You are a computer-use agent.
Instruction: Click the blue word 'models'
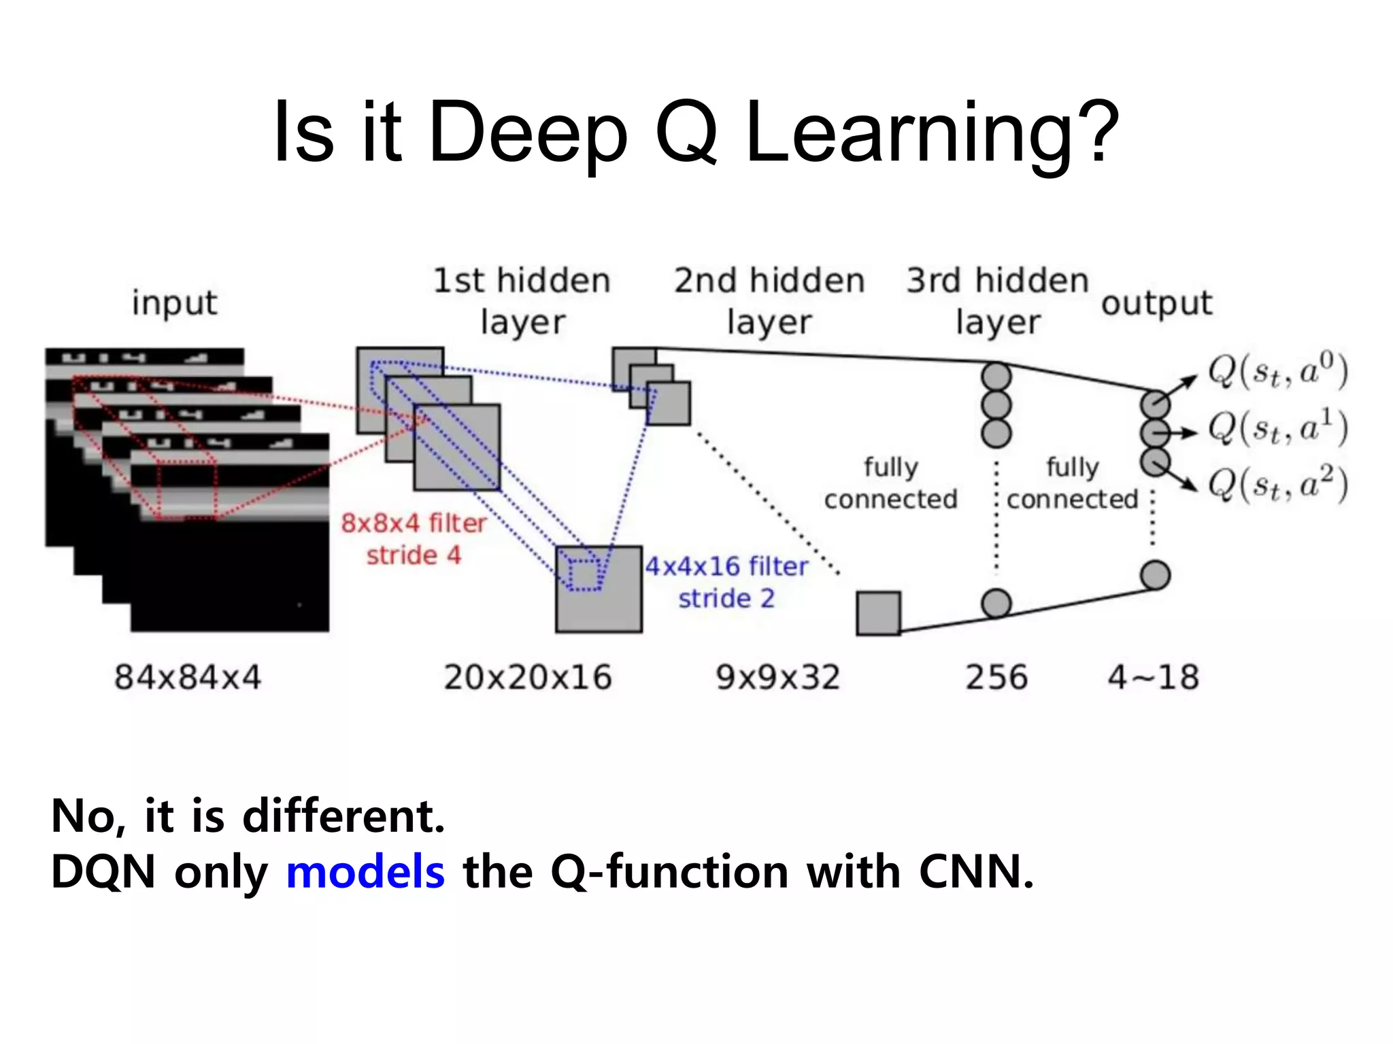pyautogui.click(x=365, y=872)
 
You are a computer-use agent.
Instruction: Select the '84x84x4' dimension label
pyautogui.click(x=188, y=678)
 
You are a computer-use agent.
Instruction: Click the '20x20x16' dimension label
pyautogui.click(x=528, y=678)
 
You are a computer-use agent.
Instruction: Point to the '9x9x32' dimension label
pyautogui.click(x=778, y=678)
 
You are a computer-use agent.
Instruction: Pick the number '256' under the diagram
pyautogui.click(x=996, y=678)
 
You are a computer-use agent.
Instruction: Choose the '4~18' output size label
pyautogui.click(x=1153, y=678)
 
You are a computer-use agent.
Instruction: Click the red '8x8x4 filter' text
pyautogui.click(x=414, y=523)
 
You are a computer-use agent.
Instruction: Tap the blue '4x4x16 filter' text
pyautogui.click(x=726, y=566)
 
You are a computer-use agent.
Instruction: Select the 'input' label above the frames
pyautogui.click(x=175, y=303)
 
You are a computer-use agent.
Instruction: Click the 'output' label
pyautogui.click(x=1156, y=303)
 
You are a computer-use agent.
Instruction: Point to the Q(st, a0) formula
pyautogui.click(x=1277, y=372)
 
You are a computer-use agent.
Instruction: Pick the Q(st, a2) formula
pyautogui.click(x=1277, y=485)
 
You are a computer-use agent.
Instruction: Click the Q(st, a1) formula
pyautogui.click(x=1277, y=429)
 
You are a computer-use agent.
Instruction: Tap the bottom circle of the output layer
pyautogui.click(x=1155, y=575)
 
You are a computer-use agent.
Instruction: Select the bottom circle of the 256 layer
pyautogui.click(x=996, y=604)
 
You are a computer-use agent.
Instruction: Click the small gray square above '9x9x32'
pyautogui.click(x=878, y=613)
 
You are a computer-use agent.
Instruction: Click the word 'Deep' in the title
pyautogui.click(x=528, y=133)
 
